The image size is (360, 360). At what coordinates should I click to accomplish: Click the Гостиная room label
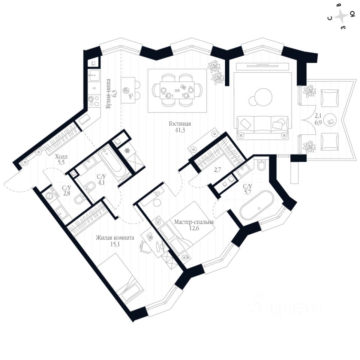180,124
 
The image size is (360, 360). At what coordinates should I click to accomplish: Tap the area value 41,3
180,130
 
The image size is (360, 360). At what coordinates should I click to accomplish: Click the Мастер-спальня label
194,222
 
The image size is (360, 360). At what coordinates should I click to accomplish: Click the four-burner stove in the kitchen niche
94,99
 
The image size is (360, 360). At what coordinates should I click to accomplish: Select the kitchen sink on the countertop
94,76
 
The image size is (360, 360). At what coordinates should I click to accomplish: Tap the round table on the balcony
330,120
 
